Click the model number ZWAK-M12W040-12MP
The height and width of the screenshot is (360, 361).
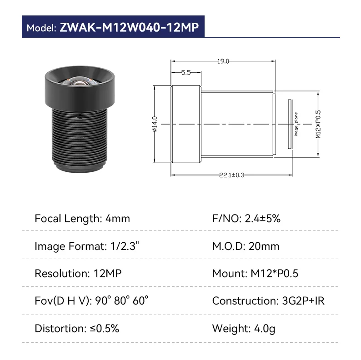pos(129,27)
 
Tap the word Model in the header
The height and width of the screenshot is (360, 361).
pos(41,28)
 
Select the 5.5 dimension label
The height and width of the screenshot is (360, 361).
pos(186,72)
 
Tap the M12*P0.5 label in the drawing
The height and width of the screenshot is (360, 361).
pos(318,124)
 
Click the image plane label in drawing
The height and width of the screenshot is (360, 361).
pos(296,124)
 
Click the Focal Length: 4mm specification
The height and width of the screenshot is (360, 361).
pos(82,219)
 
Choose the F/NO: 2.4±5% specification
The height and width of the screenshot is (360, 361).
pos(246,219)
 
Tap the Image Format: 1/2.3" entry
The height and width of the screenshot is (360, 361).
pos(87,246)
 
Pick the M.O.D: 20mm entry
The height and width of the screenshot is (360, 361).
pos(246,246)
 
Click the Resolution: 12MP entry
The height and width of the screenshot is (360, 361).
pos(78,274)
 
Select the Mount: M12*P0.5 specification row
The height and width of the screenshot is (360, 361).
pos(255,274)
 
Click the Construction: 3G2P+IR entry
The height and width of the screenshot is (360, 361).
pos(268,301)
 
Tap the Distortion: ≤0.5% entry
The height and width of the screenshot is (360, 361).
pos(77,328)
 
